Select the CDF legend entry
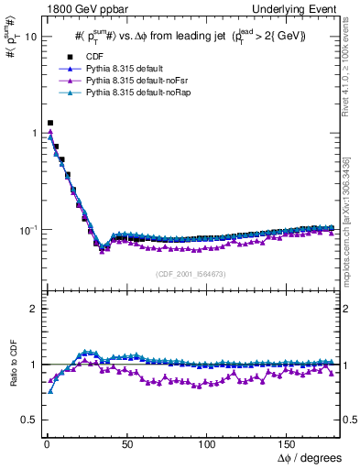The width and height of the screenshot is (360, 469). click(83, 57)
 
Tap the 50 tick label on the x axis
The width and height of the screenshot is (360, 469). click(127, 443)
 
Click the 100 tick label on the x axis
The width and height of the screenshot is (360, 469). click(208, 443)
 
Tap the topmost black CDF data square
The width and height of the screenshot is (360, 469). click(50, 123)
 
